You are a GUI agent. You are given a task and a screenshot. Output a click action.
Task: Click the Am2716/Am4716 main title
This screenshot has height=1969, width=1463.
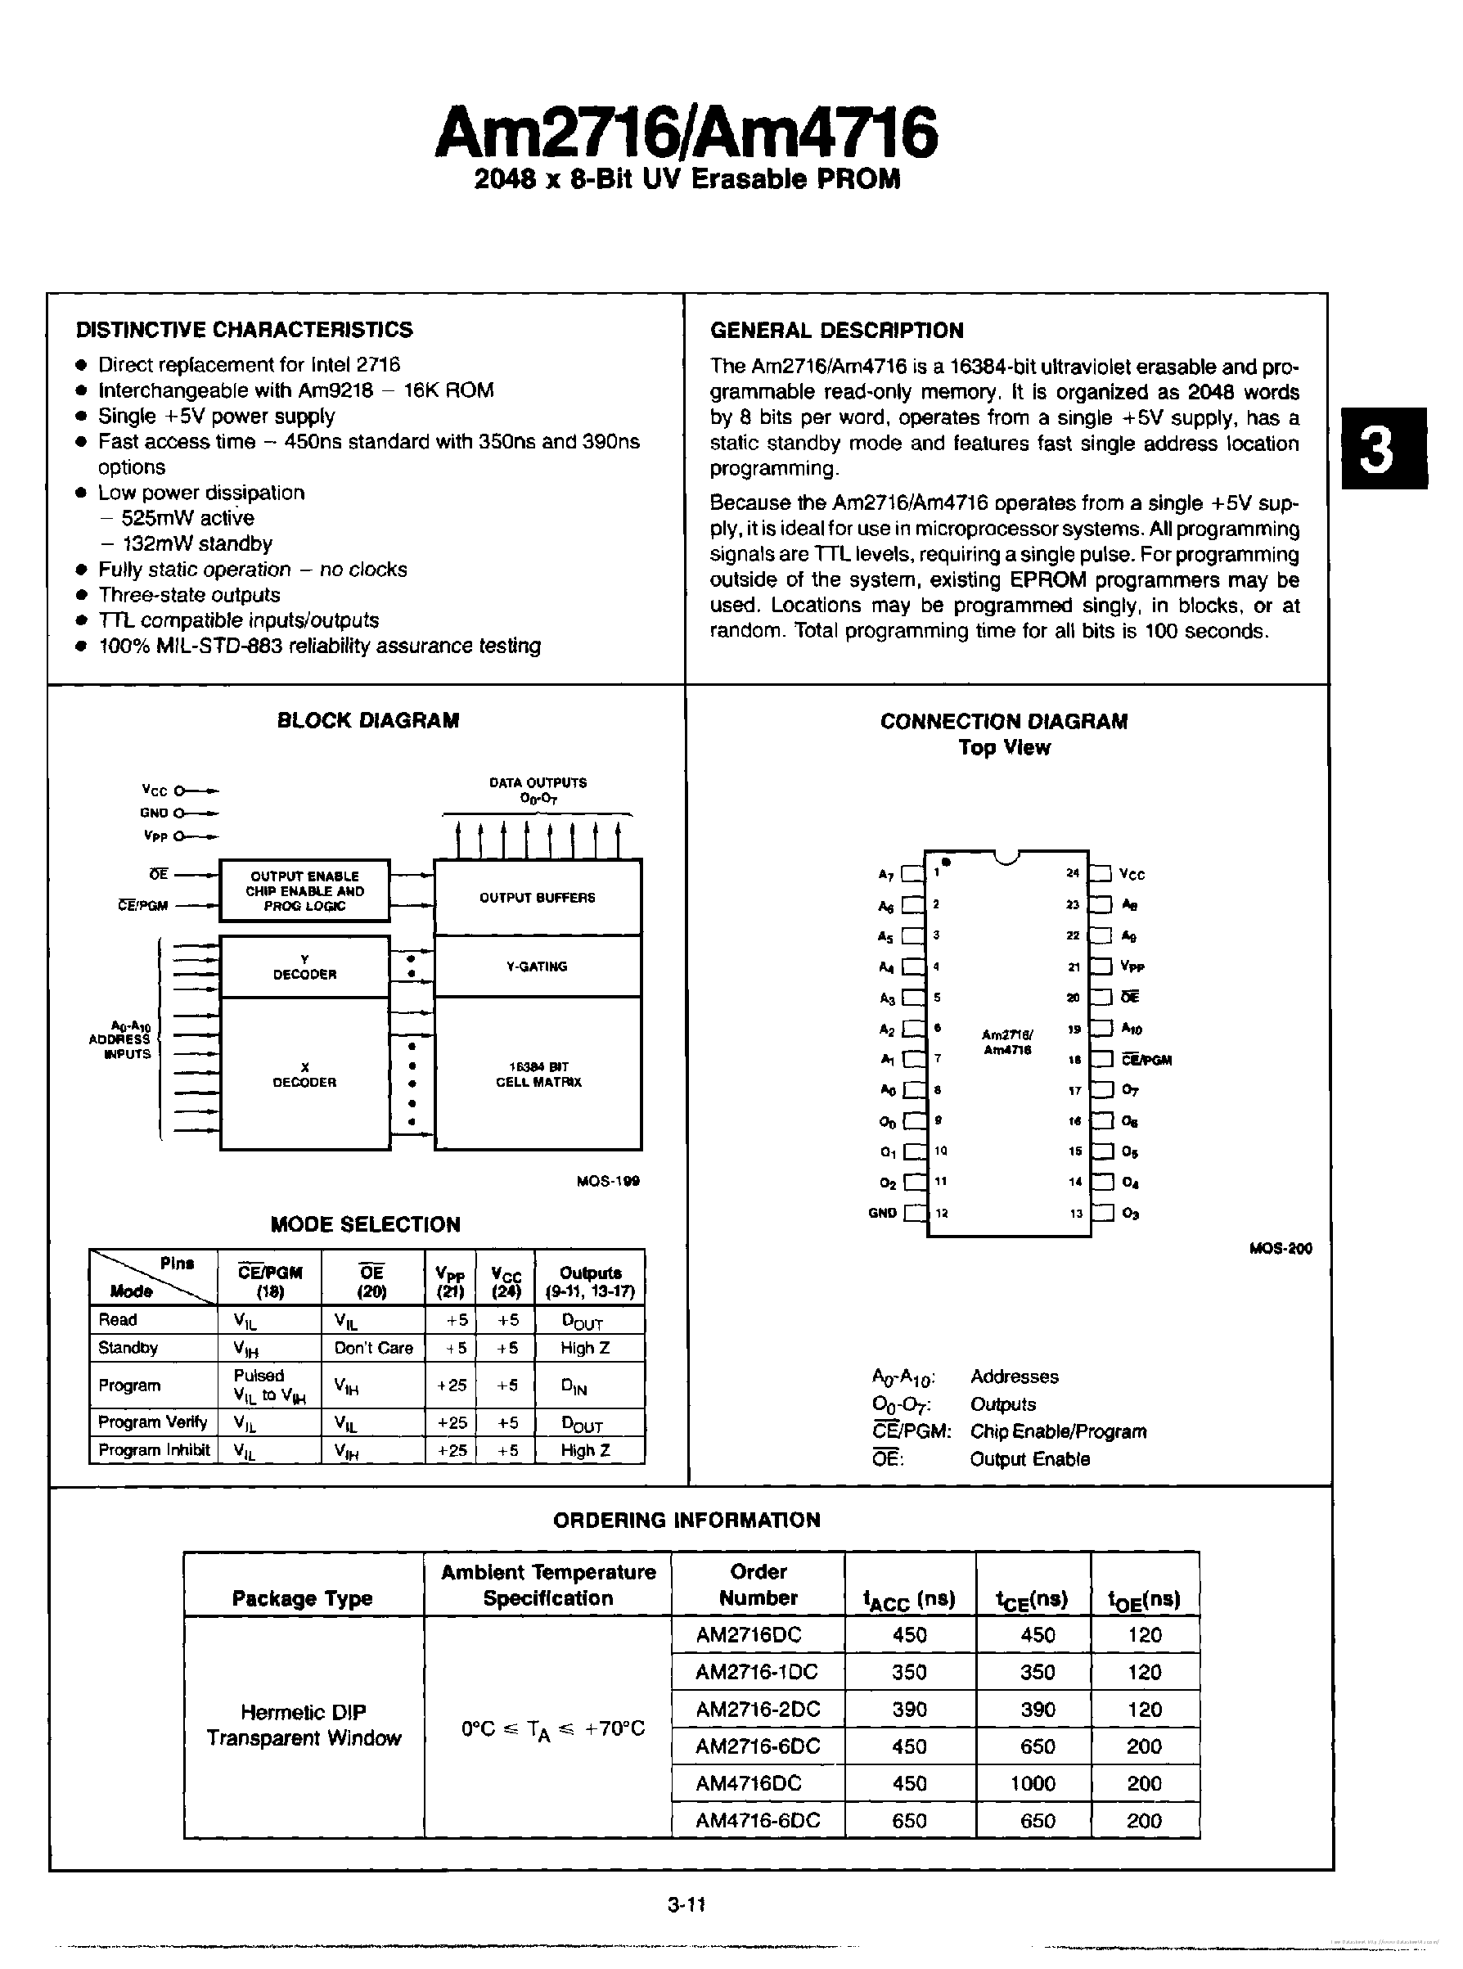[686, 133]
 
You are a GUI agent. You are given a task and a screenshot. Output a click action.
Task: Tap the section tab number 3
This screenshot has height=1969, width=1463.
[1383, 448]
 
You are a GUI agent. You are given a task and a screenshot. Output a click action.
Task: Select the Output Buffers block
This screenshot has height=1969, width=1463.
[537, 897]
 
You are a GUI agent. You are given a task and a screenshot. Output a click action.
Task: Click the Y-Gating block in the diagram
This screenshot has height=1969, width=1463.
[537, 966]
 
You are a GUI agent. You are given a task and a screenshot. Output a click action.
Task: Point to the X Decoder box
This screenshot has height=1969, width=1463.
[304, 1075]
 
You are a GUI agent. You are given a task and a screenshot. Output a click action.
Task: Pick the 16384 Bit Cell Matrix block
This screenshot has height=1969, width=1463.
[538, 1075]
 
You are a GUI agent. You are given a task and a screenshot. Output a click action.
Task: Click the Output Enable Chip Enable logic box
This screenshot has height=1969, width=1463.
[304, 891]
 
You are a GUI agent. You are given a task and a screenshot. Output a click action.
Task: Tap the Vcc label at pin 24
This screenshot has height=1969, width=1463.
[1132, 875]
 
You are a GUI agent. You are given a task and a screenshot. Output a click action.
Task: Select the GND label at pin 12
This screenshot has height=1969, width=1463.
[882, 1214]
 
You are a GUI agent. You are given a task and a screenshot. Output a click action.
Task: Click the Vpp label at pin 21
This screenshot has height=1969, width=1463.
[1132, 967]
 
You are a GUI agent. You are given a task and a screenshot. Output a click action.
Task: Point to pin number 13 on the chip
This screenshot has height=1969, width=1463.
[1075, 1214]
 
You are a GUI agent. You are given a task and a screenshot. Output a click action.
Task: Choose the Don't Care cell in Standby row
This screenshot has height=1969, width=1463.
[373, 1348]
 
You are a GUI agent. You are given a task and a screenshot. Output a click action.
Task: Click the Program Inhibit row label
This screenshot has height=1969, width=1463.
[153, 1450]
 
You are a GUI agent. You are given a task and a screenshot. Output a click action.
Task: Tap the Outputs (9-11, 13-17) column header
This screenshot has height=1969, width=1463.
[590, 1282]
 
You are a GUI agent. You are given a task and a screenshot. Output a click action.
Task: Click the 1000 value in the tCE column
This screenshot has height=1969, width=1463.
[1033, 1783]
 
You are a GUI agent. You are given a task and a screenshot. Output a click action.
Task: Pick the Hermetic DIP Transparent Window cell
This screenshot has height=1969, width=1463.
[304, 1724]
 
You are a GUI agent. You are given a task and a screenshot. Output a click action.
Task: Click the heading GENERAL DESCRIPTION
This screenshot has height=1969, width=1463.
[836, 331]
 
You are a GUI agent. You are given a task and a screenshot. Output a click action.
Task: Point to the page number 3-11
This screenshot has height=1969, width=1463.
[686, 1904]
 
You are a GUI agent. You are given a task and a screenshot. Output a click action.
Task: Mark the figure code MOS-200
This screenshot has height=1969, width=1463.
[1280, 1248]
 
